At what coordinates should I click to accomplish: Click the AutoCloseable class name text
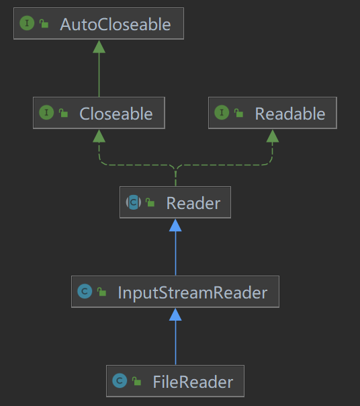[116, 24]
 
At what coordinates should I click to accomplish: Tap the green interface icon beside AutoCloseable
[27, 23]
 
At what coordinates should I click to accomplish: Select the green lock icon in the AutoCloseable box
[44, 24]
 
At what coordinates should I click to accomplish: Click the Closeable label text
[116, 114]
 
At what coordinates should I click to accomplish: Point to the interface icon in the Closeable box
[46, 112]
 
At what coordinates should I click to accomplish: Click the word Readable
[290, 114]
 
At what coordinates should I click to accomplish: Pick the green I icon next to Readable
[222, 112]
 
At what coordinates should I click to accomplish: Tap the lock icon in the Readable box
[239, 113]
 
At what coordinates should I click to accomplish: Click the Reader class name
[193, 203]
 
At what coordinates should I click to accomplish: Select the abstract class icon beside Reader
[134, 202]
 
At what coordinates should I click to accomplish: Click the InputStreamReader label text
[193, 293]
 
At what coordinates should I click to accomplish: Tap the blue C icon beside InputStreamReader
[85, 291]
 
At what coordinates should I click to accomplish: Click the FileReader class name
[193, 382]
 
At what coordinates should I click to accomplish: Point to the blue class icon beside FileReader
[120, 380]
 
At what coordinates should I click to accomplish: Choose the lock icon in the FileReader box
[136, 381]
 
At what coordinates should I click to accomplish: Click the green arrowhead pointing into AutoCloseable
[99, 46]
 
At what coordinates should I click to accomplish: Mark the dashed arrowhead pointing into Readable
[273, 136]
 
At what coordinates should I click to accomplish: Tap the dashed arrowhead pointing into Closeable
[99, 136]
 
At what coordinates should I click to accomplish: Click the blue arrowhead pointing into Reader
[175, 225]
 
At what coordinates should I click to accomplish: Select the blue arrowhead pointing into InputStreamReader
[175, 315]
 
